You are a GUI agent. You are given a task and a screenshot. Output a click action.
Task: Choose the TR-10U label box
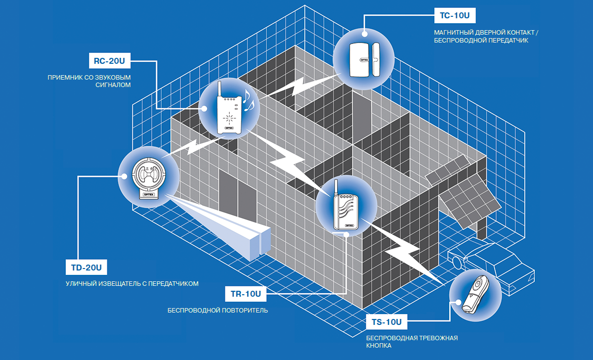point(246,294)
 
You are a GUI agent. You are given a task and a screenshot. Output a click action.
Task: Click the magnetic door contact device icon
point(364,59)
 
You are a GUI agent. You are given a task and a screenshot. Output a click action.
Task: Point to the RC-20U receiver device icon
point(229,114)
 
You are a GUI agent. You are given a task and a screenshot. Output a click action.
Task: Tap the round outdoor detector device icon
point(148,178)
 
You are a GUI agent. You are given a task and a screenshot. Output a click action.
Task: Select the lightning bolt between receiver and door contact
point(296,88)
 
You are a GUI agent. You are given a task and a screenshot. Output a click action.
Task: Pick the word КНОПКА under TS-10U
point(379,346)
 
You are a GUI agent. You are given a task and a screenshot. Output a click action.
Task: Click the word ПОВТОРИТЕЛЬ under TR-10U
point(245,311)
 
